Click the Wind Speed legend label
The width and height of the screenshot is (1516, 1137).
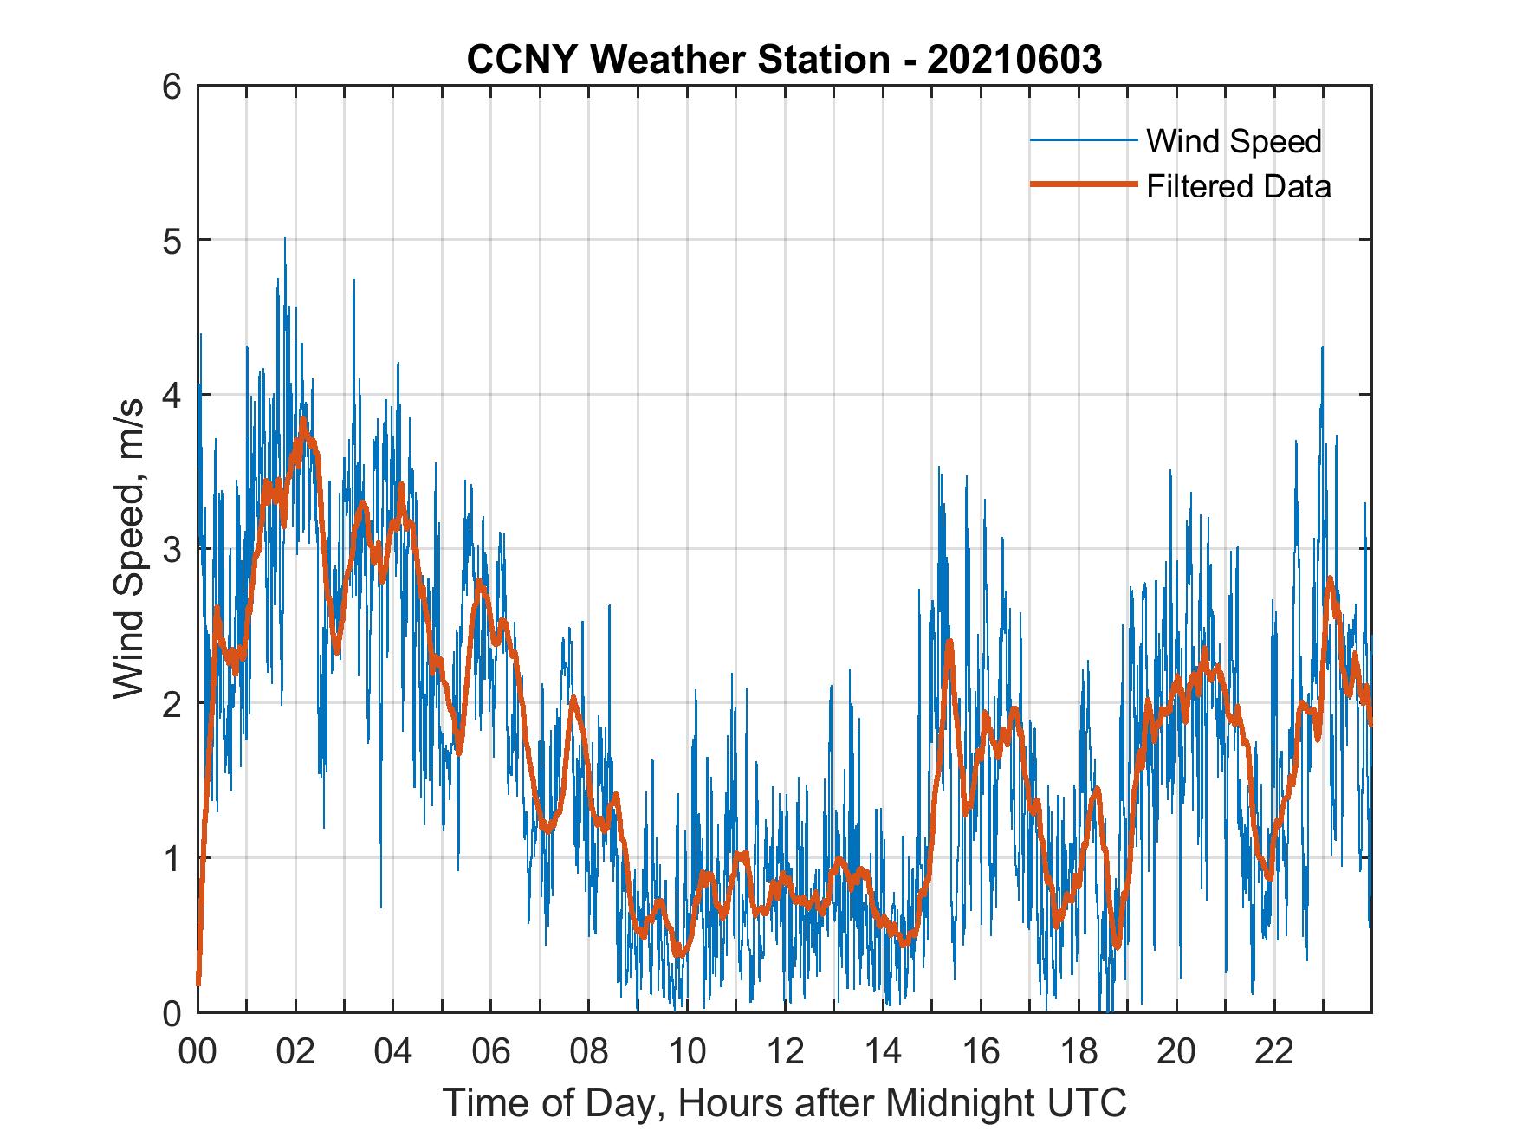pyautogui.click(x=1234, y=141)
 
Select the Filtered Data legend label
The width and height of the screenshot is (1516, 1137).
pyautogui.click(x=1238, y=186)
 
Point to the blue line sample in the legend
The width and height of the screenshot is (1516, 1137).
pyautogui.click(x=1083, y=140)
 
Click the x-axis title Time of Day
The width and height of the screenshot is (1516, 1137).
pyautogui.click(x=785, y=1103)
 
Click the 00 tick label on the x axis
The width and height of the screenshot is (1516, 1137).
pyautogui.click(x=198, y=1051)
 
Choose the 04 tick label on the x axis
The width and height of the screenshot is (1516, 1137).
pyautogui.click(x=393, y=1051)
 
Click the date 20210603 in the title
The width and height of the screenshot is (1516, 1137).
pyautogui.click(x=1014, y=59)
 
